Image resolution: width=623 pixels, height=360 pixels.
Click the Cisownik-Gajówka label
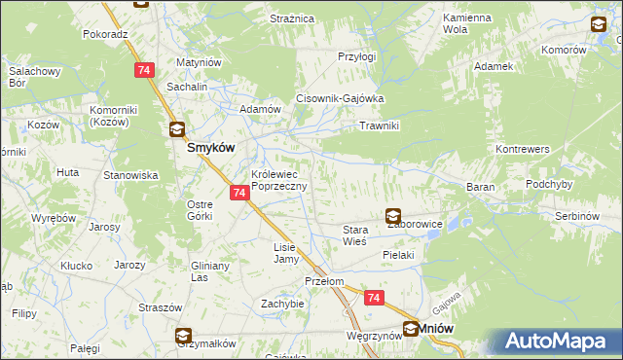point(341,99)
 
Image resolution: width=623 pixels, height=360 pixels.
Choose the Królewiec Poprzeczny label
point(279,180)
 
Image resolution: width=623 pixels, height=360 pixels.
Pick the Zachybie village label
point(282,304)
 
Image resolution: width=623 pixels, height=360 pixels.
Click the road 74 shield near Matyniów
point(144,70)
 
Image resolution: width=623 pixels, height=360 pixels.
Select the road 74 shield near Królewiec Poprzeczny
point(239,194)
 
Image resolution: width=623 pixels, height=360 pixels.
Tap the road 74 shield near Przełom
point(374,299)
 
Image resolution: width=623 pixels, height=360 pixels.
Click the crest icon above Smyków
point(177,128)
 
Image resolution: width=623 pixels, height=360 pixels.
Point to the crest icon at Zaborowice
point(393,217)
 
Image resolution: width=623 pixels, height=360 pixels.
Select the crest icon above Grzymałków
point(184,338)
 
